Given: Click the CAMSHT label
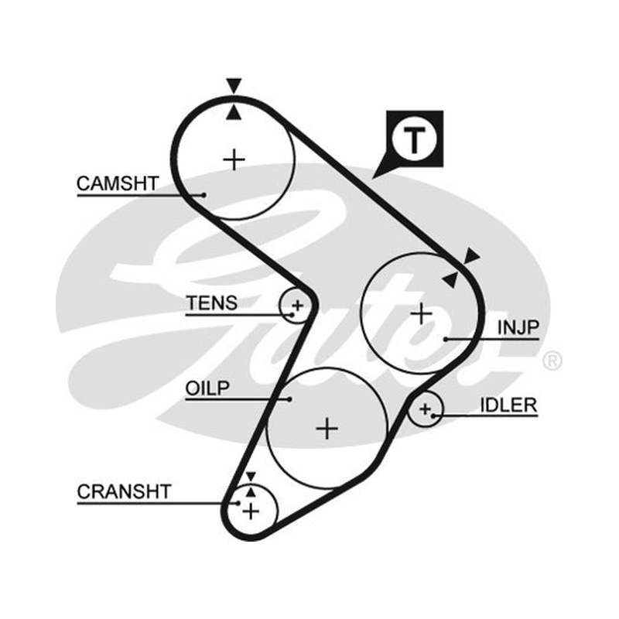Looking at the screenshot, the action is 118,183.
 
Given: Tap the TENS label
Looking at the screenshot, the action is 211,303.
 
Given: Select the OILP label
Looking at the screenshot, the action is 207,388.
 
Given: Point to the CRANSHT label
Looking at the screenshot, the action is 124,491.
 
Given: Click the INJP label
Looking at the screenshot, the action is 518,327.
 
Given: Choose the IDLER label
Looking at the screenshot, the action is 508,405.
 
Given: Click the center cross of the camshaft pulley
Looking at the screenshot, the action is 234,160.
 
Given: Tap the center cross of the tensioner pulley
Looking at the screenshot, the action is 298,305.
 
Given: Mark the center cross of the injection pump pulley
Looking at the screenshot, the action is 422,314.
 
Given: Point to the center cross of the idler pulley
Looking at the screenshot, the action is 425,409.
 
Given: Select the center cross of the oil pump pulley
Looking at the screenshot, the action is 327,429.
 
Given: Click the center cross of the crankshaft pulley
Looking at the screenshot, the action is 251,511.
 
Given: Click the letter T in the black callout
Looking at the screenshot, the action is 414,141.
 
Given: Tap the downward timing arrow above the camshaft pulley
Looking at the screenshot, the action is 234,85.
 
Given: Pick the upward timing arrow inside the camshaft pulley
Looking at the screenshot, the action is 234,112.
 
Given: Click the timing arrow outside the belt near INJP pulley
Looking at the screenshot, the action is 473,256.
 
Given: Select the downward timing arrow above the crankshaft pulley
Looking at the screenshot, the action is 251,477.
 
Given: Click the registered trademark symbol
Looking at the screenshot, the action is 552,361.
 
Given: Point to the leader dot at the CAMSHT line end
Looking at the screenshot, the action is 203,195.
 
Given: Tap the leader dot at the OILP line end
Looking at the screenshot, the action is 289,399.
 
